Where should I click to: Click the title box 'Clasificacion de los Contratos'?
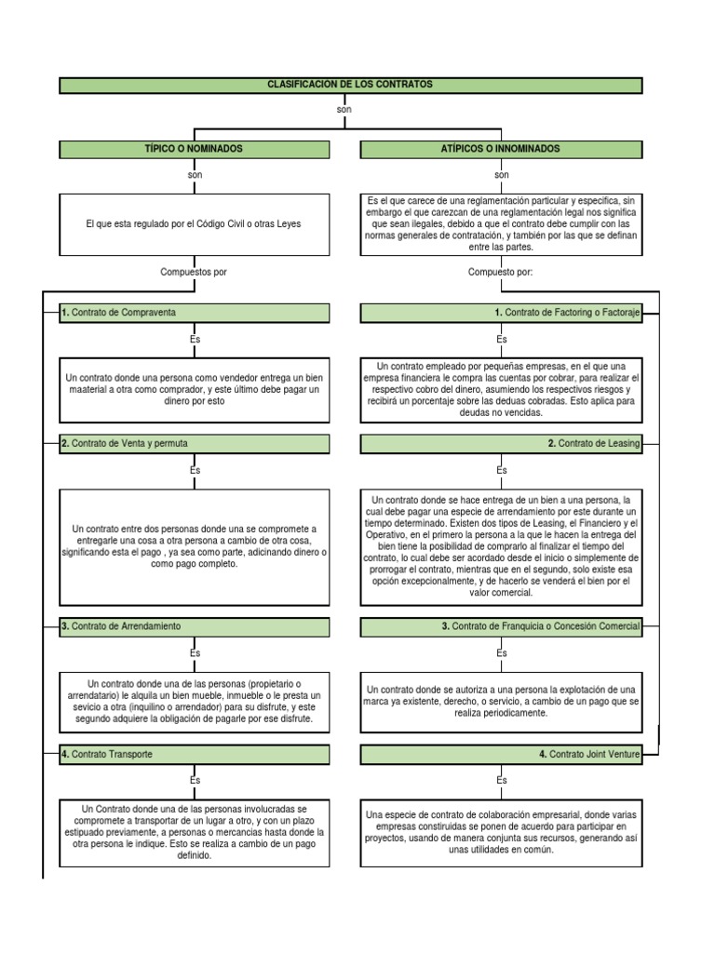351,86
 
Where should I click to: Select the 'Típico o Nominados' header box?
195,149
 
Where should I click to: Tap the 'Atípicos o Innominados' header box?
501,149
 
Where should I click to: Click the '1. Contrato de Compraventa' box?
195,313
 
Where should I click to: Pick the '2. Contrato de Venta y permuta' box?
195,444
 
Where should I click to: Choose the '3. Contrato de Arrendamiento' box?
195,626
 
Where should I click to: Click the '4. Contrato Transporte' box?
195,754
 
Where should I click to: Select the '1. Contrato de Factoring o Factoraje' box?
501,313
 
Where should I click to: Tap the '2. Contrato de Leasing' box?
501,444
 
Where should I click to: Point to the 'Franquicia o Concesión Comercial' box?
501,626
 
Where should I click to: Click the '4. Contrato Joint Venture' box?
501,754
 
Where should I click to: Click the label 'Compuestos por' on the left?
195,272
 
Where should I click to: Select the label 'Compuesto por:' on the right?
501,272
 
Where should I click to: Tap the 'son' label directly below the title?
344,110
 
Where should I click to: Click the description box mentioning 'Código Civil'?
195,224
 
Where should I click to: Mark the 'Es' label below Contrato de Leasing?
501,471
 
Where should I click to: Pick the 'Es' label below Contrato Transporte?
195,780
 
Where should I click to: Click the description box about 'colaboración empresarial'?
501,831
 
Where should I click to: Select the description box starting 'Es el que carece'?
501,224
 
